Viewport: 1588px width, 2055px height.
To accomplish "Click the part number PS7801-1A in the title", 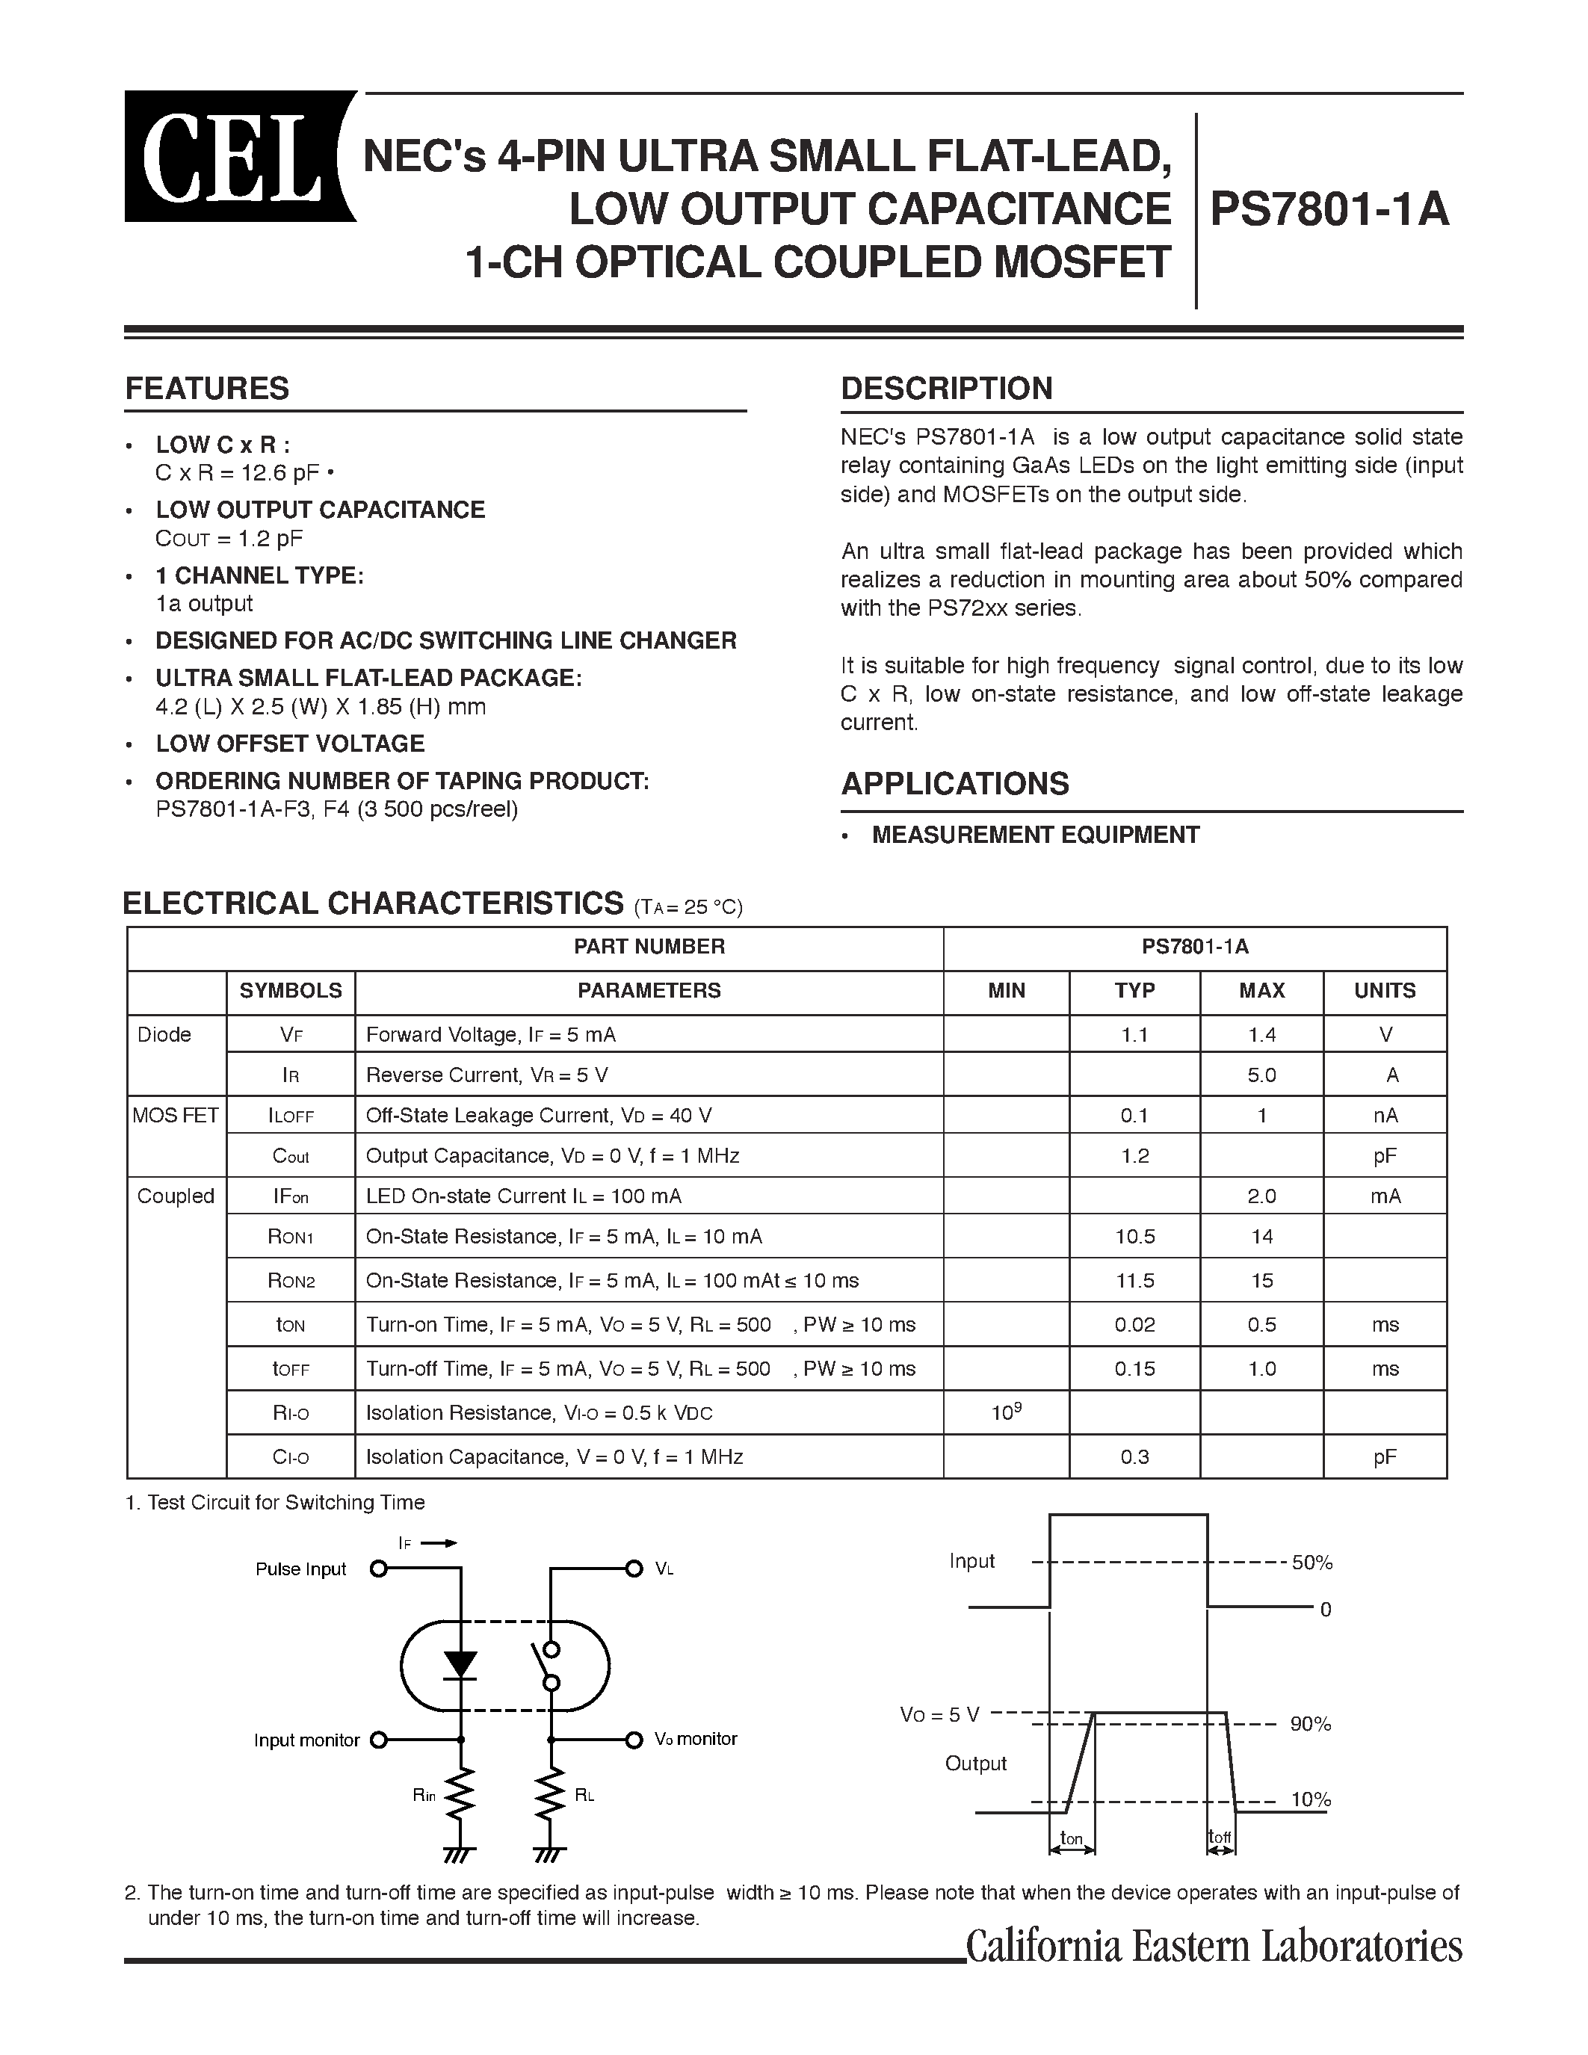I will point(1329,209).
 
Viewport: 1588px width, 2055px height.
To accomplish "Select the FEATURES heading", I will point(207,389).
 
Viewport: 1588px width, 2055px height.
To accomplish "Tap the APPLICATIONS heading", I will point(954,784).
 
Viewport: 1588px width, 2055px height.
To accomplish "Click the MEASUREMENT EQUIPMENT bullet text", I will point(1035,835).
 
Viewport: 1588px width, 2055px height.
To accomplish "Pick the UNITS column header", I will point(1384,991).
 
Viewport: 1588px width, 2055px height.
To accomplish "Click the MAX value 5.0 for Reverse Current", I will point(1261,1075).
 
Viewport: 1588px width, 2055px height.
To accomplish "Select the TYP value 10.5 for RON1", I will point(1134,1237).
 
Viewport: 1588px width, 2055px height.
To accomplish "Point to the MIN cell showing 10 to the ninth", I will point(1006,1412).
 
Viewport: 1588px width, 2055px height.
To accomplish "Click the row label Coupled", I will point(176,1196).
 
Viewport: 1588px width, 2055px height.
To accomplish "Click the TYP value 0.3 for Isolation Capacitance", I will point(1134,1456).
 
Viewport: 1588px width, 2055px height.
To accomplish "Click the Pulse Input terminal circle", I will point(378,1569).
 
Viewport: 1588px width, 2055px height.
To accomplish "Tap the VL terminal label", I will point(664,1569).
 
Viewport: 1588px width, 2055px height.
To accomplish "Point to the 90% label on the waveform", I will point(1311,1724).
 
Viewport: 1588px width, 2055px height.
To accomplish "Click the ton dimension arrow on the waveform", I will point(1072,1850).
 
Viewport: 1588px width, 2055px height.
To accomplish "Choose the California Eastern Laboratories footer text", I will point(1214,1946).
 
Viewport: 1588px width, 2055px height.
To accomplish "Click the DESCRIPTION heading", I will point(945,389).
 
